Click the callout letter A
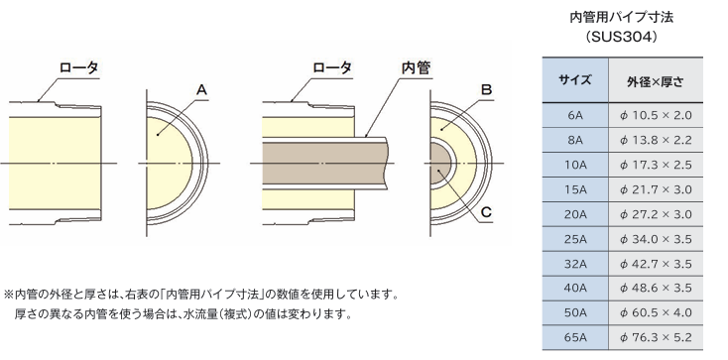[201, 89]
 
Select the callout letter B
[486, 89]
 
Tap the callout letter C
[486, 212]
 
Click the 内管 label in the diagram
[416, 67]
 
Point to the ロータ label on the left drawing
[79, 67]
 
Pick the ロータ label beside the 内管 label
[332, 67]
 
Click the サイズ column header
[575, 80]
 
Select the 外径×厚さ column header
[655, 82]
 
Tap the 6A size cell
[575, 115]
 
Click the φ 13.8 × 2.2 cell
[656, 140]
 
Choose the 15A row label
[575, 189]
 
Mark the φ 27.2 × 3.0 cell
[656, 214]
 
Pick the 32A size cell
[575, 264]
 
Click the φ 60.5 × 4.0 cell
[656, 312]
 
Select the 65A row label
[575, 337]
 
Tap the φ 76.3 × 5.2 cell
[656, 337]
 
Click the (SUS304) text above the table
[621, 38]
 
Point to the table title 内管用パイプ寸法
[621, 18]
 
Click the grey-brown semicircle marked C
[440, 164]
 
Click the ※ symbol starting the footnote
[9, 294]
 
